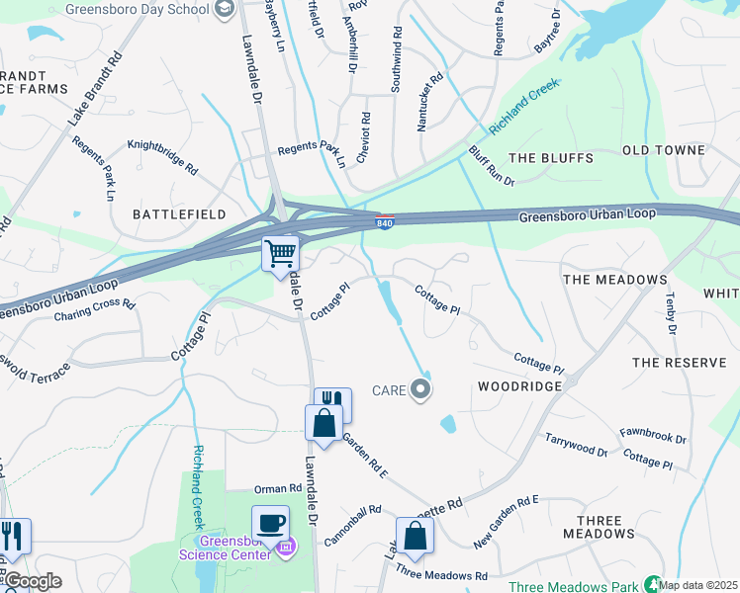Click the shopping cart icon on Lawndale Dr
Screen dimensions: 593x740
click(x=281, y=253)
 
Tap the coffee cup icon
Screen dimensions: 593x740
click(x=270, y=523)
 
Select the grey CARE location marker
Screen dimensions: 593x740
click(x=421, y=389)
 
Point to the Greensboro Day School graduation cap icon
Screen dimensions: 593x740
click(x=226, y=8)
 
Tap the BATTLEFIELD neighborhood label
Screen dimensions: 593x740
click(x=180, y=213)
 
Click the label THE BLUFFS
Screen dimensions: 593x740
click(x=550, y=158)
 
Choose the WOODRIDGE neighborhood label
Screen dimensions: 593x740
click(x=519, y=386)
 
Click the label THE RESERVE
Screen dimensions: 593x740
click(x=679, y=363)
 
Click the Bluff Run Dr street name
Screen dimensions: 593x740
click(x=492, y=166)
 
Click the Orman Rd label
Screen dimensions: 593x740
click(x=277, y=488)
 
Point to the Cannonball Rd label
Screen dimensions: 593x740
click(x=351, y=525)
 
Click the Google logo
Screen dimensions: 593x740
click(x=33, y=581)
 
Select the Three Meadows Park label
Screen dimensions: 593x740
click(x=573, y=586)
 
